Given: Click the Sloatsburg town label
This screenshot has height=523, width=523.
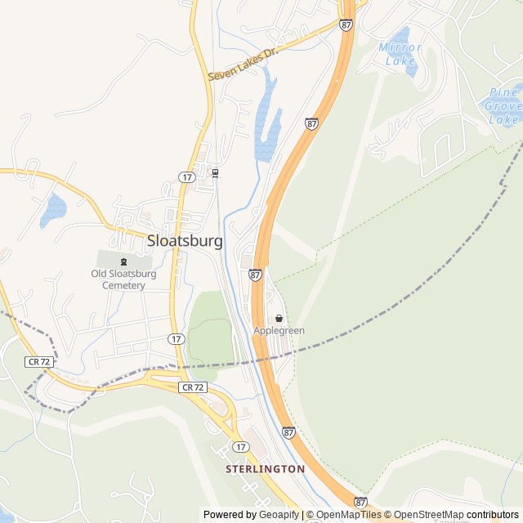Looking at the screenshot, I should [185, 241].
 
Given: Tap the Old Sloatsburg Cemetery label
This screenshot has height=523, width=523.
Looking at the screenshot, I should [124, 279].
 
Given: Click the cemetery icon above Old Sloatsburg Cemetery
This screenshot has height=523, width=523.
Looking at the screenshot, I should [124, 261].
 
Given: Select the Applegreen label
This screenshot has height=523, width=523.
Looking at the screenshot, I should [279, 330].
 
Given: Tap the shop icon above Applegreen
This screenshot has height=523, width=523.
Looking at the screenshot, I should [279, 318].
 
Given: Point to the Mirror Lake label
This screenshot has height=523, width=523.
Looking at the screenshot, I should [400, 53].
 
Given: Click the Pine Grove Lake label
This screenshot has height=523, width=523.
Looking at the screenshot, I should [503, 105].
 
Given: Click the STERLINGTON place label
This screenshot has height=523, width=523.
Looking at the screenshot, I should [265, 469].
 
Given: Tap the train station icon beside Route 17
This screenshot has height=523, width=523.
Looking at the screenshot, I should [216, 172].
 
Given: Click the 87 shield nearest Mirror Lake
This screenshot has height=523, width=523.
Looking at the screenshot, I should [346, 25].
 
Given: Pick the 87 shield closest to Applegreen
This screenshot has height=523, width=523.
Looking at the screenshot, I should [256, 275].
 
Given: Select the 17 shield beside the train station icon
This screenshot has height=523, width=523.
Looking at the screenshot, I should [187, 177].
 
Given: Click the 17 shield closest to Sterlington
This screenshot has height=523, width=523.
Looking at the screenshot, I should [240, 446].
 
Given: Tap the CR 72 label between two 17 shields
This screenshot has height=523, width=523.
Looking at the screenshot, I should [193, 387].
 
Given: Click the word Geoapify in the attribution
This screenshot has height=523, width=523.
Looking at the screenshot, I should [278, 515].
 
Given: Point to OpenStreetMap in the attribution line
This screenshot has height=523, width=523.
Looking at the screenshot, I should [429, 515].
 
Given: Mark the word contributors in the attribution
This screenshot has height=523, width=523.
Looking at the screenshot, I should [493, 515].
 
